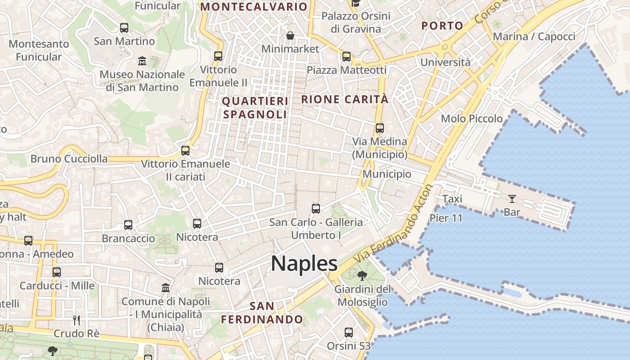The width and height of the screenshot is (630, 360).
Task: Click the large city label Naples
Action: click(x=304, y=264)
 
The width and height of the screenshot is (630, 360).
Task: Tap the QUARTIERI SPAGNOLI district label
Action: click(x=255, y=108)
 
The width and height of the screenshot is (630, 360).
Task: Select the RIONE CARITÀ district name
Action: click(x=345, y=99)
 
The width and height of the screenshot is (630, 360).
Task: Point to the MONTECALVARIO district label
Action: click(x=254, y=7)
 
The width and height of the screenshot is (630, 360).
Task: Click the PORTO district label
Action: click(x=442, y=26)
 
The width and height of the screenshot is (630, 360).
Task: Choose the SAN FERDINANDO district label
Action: click(x=262, y=313)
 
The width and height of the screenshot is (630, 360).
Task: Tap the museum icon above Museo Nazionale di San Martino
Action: click(x=142, y=61)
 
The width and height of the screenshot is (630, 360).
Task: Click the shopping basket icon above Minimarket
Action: click(x=290, y=35)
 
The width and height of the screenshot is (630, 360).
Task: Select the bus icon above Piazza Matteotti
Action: click(x=346, y=57)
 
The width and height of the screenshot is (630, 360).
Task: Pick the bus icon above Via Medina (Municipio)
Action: click(x=380, y=128)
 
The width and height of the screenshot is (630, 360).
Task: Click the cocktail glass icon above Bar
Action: click(x=512, y=198)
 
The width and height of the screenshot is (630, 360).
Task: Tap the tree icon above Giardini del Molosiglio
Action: click(x=361, y=276)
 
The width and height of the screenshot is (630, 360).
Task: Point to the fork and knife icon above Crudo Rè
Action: click(x=76, y=320)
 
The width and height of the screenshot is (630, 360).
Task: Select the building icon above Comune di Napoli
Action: click(x=166, y=288)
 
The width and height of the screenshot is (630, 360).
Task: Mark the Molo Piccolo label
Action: click(x=472, y=119)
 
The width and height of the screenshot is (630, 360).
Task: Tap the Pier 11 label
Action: click(x=446, y=218)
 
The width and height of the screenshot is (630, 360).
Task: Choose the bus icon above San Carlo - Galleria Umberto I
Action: click(x=316, y=209)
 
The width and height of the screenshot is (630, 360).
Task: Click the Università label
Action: click(x=445, y=62)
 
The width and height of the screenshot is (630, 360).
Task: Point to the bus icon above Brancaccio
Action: click(x=128, y=225)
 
